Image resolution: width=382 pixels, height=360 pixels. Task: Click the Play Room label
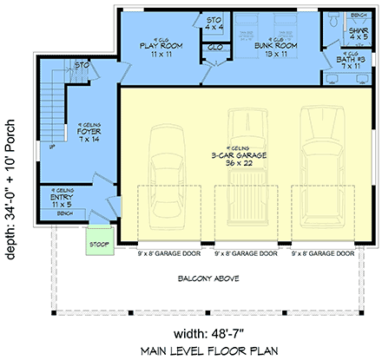click(x=161, y=50)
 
